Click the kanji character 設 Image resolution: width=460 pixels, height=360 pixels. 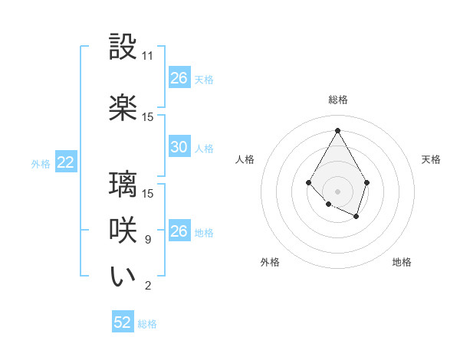(123, 47)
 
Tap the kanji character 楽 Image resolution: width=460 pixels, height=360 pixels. (123, 107)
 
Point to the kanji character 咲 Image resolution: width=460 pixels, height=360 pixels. (123, 231)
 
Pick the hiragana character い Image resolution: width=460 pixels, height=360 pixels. (123, 277)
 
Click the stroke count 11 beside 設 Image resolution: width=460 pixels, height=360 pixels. (148, 56)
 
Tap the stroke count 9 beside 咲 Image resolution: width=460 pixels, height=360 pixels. (147, 240)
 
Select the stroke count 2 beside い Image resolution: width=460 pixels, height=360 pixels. (147, 286)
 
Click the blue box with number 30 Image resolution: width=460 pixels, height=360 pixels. (179, 147)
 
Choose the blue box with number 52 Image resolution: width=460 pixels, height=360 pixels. (123, 322)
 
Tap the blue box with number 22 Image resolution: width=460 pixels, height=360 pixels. (65, 162)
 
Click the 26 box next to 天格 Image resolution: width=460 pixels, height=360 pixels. (179, 78)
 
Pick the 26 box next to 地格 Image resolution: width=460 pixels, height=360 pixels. (179, 231)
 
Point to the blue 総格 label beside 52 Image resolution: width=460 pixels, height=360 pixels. (147, 324)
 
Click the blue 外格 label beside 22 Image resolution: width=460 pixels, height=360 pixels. (41, 163)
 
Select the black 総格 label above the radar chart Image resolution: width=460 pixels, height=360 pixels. (337, 100)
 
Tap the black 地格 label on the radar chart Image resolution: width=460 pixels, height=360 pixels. (402, 262)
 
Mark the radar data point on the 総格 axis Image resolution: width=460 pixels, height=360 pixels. (337, 129)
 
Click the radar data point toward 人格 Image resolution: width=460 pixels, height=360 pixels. (308, 182)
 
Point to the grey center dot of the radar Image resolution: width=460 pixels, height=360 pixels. (337, 191)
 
